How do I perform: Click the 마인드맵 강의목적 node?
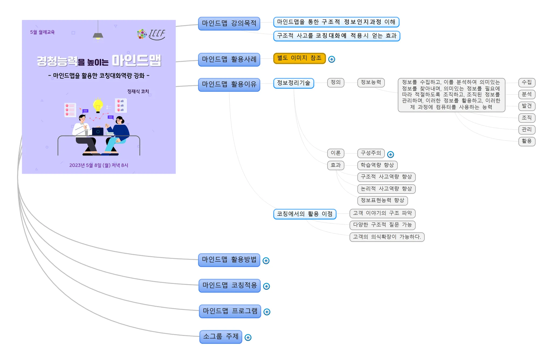pos(229,23)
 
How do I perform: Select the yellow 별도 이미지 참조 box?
pos(299,58)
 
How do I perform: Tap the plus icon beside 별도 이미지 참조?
pos(332,59)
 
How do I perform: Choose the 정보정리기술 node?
pos(294,83)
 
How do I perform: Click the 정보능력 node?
pos(371,83)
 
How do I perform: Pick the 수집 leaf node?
pos(527,83)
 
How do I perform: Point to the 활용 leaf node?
pos(527,141)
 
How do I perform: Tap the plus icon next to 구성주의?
pos(390,155)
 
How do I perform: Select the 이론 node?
pos(336,153)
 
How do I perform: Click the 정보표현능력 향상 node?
pos(382,200)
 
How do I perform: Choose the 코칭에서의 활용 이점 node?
pos(305,214)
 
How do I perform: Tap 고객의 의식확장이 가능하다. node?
pos(387,237)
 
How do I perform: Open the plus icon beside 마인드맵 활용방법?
pos(266,261)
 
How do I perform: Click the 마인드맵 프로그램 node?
pos(230,311)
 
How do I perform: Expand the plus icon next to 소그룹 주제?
pos(248,337)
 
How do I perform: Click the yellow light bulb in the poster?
pos(98,105)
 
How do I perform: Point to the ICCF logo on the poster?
pos(151,35)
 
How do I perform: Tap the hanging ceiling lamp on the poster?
pos(98,35)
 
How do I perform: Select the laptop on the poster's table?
pos(98,131)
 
